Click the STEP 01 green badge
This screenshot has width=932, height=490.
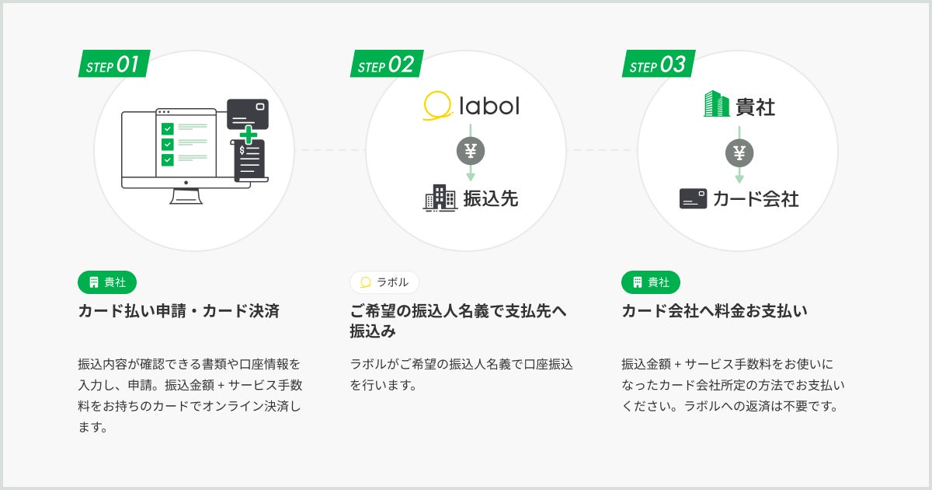point(114,65)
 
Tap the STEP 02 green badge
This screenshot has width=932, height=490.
point(386,65)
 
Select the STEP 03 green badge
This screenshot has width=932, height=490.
point(658,65)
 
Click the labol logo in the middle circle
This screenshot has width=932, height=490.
point(471,105)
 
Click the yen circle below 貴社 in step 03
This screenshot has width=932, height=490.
point(739,153)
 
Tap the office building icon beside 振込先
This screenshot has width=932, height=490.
point(440,198)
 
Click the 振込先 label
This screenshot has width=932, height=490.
point(490,198)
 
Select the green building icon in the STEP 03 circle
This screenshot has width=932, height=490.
point(716,105)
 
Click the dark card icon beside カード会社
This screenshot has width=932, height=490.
point(693,199)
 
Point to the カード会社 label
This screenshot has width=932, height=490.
point(756,199)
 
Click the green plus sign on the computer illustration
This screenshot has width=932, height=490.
point(248,135)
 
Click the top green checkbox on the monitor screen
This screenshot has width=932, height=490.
point(167,128)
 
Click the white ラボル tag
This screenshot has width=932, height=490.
point(384,282)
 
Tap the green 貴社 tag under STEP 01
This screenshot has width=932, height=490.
point(107,282)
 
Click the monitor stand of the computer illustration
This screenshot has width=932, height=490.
point(186,196)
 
